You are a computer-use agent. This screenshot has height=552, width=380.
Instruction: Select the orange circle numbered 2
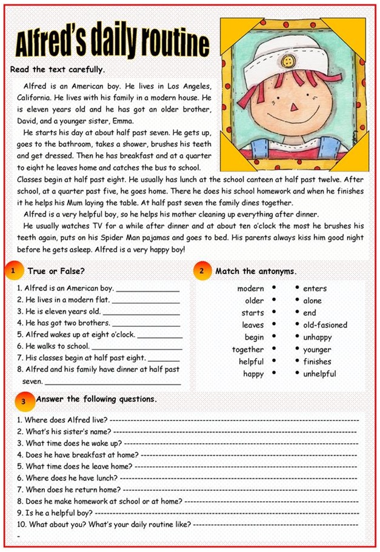click(202, 271)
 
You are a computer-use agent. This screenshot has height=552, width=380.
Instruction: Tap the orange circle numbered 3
click(23, 401)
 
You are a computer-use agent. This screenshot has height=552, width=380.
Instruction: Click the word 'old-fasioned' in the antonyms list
click(325, 325)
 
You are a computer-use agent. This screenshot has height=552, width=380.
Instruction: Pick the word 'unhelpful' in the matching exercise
click(319, 374)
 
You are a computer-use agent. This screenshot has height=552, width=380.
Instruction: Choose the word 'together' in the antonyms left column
click(247, 349)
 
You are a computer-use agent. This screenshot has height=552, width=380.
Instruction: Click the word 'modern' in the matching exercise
click(250, 289)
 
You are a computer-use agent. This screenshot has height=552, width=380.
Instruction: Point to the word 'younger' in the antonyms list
click(317, 349)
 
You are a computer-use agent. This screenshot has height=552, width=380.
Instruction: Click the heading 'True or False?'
click(56, 271)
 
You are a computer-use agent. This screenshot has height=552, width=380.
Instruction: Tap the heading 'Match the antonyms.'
click(256, 271)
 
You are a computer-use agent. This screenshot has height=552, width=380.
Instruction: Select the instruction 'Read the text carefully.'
click(58, 69)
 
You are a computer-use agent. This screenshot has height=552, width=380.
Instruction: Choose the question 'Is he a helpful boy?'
click(58, 513)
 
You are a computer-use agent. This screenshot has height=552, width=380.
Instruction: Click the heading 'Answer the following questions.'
click(96, 399)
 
